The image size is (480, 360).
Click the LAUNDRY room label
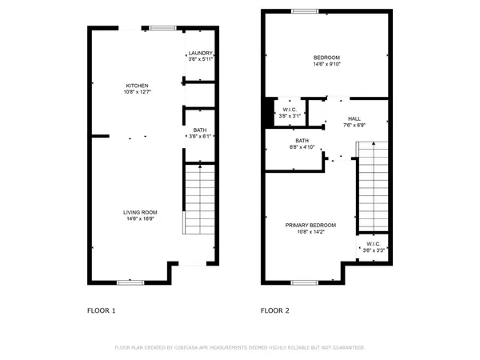pos(200,53)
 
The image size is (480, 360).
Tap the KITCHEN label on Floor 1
pos(137,86)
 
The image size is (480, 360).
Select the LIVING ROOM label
pos(140,212)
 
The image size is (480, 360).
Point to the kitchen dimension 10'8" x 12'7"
pos(137,93)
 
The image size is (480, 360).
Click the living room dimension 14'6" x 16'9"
pos(140,219)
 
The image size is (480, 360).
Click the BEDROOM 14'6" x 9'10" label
pos(326,58)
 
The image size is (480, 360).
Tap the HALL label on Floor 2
pos(354,118)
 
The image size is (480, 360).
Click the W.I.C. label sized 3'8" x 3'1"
pos(289,110)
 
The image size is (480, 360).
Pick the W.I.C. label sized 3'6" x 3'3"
pos(374,244)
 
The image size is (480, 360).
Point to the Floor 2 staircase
pos(372,186)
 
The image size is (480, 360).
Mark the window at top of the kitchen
pos(162,28)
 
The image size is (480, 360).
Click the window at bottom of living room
pos(130,282)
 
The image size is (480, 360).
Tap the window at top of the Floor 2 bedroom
pos(303,11)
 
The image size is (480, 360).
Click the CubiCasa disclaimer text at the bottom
pos(240,348)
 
